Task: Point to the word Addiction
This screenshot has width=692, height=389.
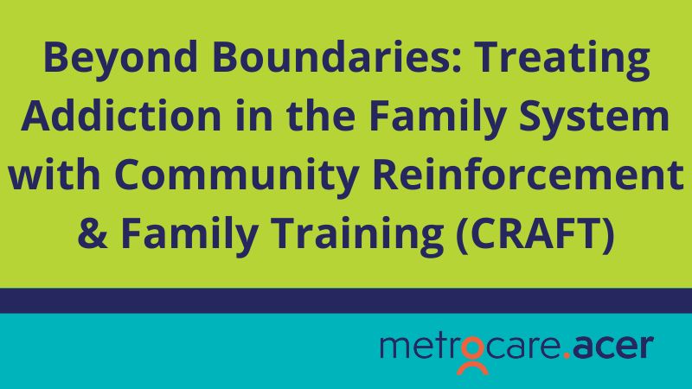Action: coord(121,115)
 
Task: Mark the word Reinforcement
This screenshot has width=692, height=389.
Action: coord(529,175)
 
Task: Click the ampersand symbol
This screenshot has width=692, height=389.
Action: coord(93,233)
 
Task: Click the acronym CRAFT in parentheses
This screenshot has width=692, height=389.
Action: coord(535,233)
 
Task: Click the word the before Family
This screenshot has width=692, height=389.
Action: coord(321,115)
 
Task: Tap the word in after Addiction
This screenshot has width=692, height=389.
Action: coord(253,115)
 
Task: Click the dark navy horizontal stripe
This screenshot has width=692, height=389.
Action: coord(346,301)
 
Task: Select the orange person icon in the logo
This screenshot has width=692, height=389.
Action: coord(472,355)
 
